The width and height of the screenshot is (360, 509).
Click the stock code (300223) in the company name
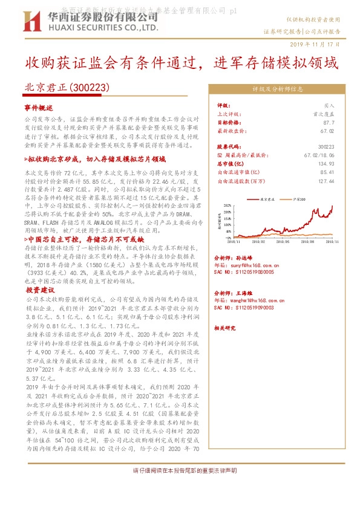tap(90, 88)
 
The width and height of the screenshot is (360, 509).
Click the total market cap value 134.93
tap(326, 163)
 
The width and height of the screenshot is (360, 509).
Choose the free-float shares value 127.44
tap(326, 180)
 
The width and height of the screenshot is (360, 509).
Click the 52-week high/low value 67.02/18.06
tap(319, 155)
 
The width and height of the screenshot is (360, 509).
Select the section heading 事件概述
tap(39, 106)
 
